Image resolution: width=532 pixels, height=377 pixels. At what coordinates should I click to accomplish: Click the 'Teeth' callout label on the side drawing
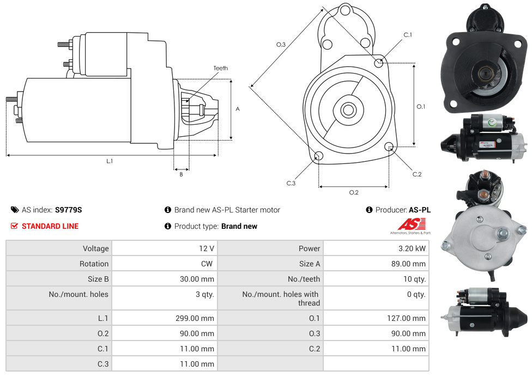pos(221,68)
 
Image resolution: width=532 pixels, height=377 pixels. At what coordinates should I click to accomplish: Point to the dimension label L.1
pos(110,161)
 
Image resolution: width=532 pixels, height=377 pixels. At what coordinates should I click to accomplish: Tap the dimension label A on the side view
pos(238,109)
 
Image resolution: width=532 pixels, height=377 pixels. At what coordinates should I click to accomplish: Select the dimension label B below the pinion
pos(182,174)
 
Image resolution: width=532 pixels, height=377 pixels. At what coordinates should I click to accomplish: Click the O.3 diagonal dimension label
pos(281,44)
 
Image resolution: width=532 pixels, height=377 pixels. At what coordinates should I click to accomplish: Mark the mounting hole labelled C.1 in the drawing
pos(379,63)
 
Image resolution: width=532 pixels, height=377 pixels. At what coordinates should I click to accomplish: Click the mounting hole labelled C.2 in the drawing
pos(389,147)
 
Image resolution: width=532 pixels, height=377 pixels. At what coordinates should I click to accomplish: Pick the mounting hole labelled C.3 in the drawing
pos(319,157)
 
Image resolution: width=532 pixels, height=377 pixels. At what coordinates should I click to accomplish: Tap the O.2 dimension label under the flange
pos(354,192)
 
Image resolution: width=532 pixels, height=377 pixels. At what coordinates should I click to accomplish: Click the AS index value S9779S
pos(69,210)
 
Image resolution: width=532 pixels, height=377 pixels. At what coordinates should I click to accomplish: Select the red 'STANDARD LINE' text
pos(50,226)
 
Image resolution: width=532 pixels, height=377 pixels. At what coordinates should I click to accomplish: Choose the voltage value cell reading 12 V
pos(207,248)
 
